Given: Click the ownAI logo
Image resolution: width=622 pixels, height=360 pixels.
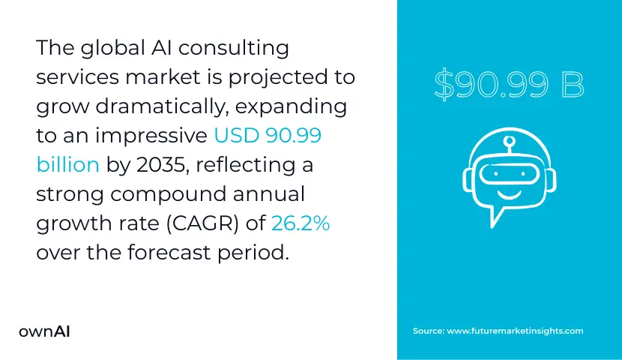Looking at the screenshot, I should (44, 331).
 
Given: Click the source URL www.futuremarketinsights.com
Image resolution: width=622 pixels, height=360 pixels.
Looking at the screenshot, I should (515, 331).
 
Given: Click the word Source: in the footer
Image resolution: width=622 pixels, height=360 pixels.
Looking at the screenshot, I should (428, 331).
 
